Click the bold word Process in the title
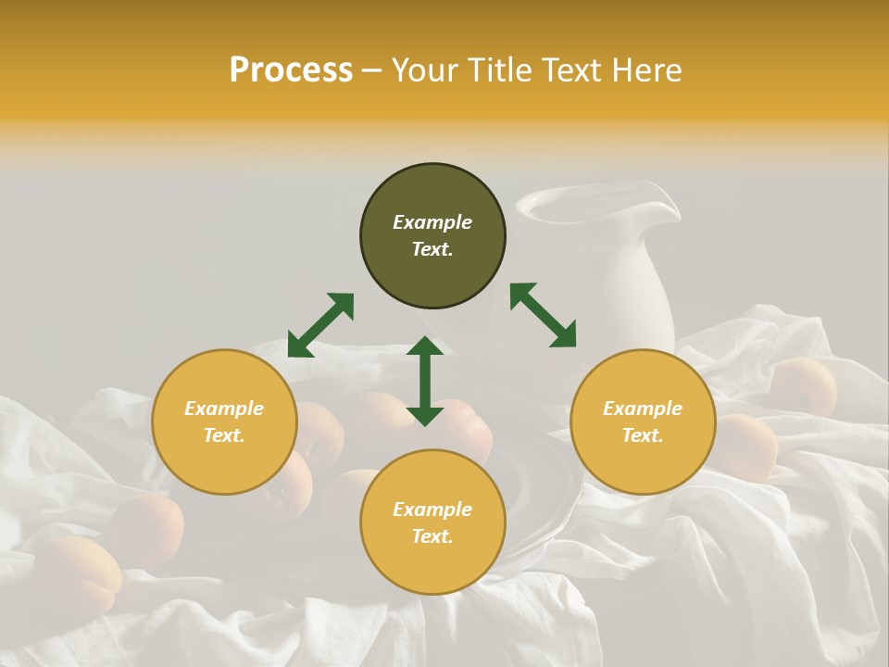pyautogui.click(x=291, y=70)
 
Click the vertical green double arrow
pyautogui.click(x=425, y=381)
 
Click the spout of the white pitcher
pyautogui.click(x=663, y=199)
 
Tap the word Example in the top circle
pyautogui.click(x=432, y=222)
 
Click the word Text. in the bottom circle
pyautogui.click(x=432, y=536)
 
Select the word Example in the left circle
pyautogui.click(x=224, y=409)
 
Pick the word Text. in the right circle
pyautogui.click(x=643, y=435)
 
